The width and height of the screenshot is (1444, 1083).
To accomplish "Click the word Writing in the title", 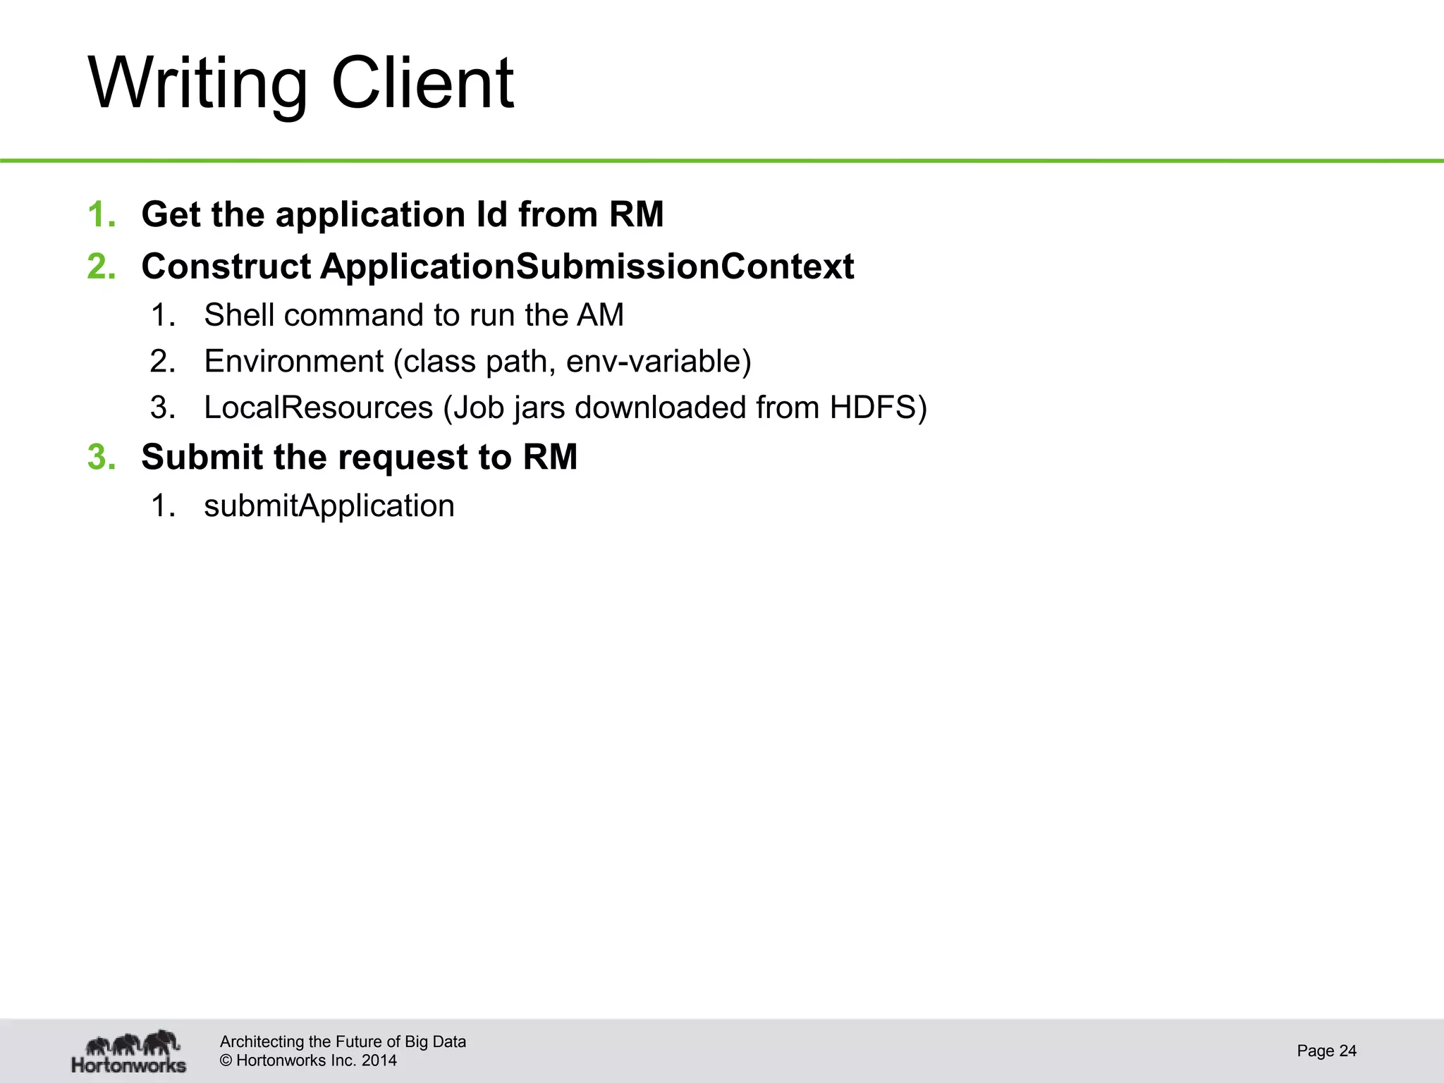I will point(197,85).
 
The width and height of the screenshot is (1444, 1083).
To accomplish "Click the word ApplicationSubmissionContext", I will point(587,267).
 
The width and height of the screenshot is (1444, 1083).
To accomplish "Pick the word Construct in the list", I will point(226,267).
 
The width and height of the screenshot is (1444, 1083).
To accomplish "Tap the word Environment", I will point(293,362).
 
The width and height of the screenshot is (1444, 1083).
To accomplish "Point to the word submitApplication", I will point(329,506).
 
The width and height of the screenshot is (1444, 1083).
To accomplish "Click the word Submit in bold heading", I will point(202,457).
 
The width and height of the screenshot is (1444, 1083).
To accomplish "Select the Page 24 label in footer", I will point(1326,1051).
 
